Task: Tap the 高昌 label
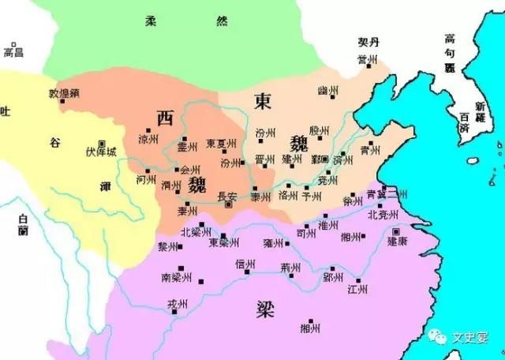[14, 52]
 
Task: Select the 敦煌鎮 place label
[65, 92]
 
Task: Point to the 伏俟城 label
[102, 151]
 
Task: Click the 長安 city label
[226, 197]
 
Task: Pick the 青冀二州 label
[387, 194]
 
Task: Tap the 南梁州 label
[177, 278]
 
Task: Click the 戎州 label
[179, 305]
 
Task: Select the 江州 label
[357, 289]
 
